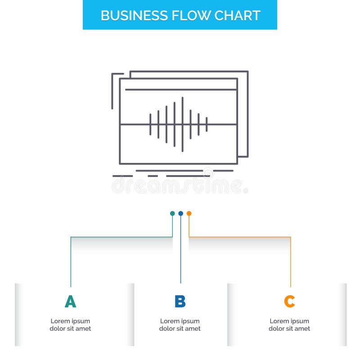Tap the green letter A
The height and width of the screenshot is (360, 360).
tap(70, 301)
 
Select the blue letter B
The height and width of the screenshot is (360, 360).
tap(180, 301)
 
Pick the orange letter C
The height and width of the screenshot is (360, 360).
tap(289, 301)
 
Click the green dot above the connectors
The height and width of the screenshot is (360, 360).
tap(172, 213)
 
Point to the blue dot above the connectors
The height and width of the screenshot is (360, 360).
tap(180, 213)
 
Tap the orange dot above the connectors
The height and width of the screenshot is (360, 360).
tap(189, 213)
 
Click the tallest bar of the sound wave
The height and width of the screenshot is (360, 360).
tap(182, 124)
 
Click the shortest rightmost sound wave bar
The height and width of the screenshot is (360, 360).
tap(207, 124)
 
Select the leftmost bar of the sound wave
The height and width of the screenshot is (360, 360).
tap(150, 124)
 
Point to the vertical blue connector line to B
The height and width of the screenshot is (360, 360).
tap(180, 252)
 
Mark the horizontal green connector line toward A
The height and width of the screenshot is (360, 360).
tap(121, 237)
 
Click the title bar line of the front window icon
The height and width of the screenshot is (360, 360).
tap(180, 90)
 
